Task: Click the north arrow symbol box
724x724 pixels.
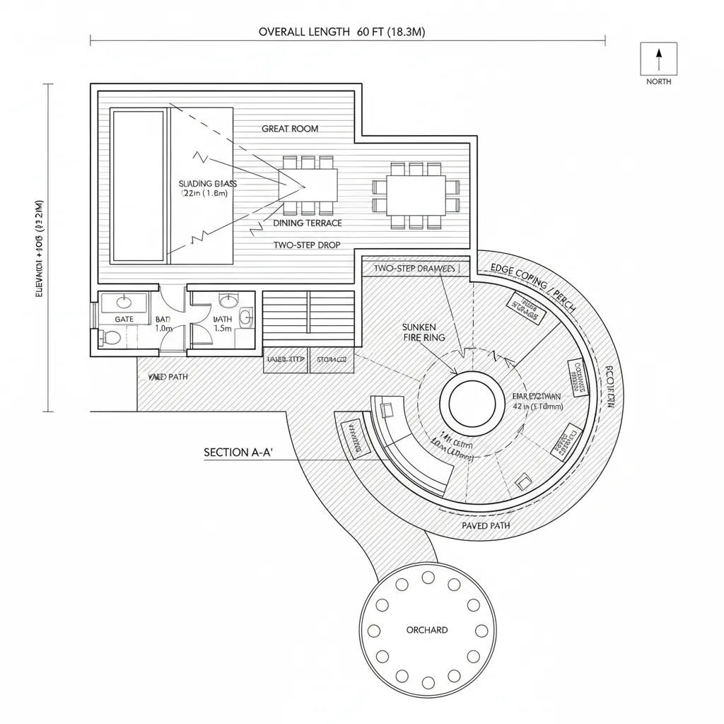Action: tap(658, 59)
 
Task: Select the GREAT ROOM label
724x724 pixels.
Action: tap(290, 129)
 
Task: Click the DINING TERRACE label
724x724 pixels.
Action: tap(307, 223)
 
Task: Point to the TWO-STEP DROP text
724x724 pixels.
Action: tap(307, 245)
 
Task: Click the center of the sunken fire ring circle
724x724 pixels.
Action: tap(472, 402)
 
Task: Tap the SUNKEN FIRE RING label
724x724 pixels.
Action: tap(424, 332)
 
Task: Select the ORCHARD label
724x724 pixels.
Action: tap(426, 629)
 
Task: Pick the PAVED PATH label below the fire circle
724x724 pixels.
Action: tap(486, 526)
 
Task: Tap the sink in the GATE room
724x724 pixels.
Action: tap(124, 303)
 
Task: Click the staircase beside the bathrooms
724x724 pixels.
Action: tap(308, 318)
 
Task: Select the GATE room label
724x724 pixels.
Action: tap(124, 320)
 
